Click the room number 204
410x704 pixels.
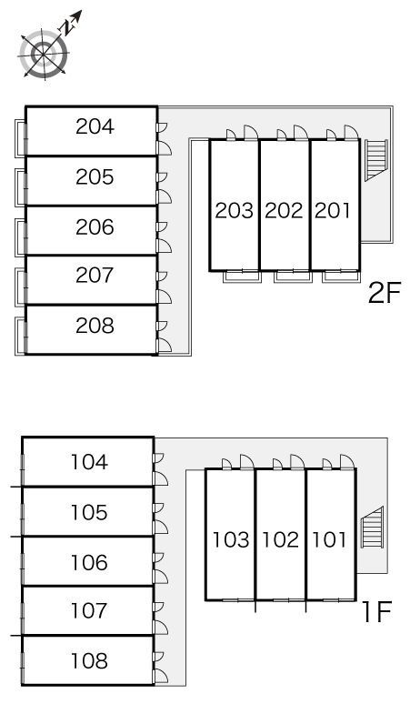click(95, 126)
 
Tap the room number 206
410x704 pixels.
click(95, 227)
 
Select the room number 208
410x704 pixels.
click(95, 326)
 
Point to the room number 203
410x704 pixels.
click(235, 211)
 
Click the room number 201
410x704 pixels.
click(333, 211)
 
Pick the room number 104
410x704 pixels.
click(89, 462)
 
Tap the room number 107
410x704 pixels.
click(89, 610)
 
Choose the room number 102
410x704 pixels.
click(280, 539)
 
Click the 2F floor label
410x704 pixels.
click(384, 293)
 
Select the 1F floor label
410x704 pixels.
click(377, 612)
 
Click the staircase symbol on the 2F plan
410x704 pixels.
click(375, 160)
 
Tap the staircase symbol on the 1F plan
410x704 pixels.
click(372, 528)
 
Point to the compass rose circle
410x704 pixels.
click(45, 55)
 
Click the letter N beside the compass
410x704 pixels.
click(67, 28)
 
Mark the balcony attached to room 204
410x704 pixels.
click(20, 138)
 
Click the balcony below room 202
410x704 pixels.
click(293, 277)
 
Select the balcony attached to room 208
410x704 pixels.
click(20, 337)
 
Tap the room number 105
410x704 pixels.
click(89, 512)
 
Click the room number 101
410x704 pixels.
click(329, 539)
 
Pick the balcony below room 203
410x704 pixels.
click(242, 277)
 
